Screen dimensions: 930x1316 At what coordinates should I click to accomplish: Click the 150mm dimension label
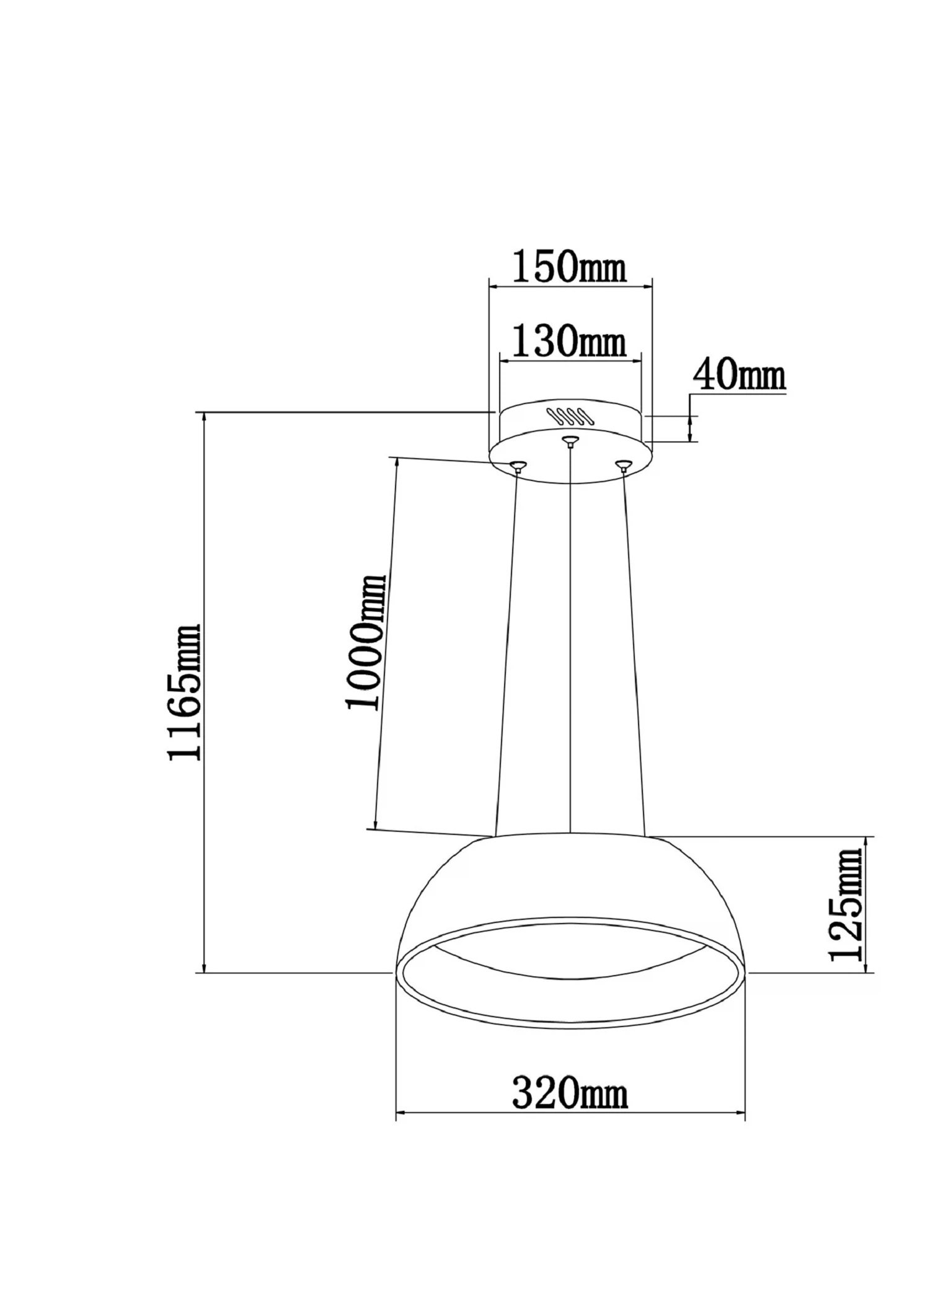pyautogui.click(x=569, y=267)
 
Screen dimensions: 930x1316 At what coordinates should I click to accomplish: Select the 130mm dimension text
pyautogui.click(x=569, y=342)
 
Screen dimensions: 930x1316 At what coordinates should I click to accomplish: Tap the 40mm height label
pyautogui.click(x=738, y=375)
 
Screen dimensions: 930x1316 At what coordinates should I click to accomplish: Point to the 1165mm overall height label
pyautogui.click(x=185, y=692)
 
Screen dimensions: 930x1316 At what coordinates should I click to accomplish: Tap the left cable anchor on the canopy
pyautogui.click(x=518, y=466)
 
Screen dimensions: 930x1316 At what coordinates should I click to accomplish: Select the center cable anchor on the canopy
pyautogui.click(x=570, y=441)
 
